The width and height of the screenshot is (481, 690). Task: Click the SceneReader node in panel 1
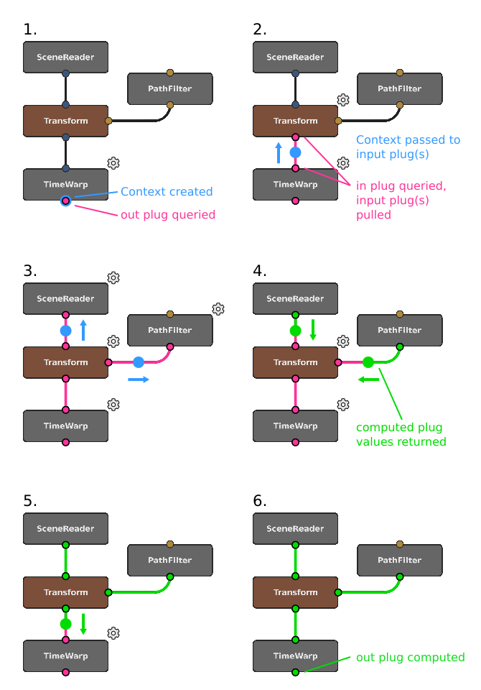coord(65,57)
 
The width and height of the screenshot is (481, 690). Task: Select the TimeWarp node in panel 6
coord(295,655)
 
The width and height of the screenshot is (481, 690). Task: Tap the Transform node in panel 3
coord(65,362)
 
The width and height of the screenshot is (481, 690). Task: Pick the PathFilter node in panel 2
coord(400,89)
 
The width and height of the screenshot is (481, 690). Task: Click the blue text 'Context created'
coord(167,192)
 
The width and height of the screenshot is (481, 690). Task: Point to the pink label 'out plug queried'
coord(168,214)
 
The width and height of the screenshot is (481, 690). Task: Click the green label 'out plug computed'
coord(411,657)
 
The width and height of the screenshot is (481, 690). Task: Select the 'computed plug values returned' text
coord(401,434)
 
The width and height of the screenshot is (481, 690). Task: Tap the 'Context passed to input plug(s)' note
coord(408,147)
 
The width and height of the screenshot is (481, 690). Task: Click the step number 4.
coord(260,271)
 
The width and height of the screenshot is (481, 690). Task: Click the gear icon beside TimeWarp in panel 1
coord(113,163)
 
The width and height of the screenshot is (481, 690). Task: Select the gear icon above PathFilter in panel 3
coord(218,309)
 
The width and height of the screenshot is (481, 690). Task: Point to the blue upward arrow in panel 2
coord(279,152)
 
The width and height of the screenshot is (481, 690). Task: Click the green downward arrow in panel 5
coord(83,623)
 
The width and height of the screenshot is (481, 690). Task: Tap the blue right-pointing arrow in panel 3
coord(139,379)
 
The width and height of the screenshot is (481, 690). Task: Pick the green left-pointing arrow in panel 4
coord(369,379)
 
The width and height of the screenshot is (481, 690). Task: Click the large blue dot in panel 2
coord(295,152)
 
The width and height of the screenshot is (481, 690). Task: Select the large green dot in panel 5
coord(65,623)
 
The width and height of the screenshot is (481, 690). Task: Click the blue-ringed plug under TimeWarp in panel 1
coord(65,201)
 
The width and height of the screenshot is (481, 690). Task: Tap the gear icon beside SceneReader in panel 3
coord(113,277)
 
